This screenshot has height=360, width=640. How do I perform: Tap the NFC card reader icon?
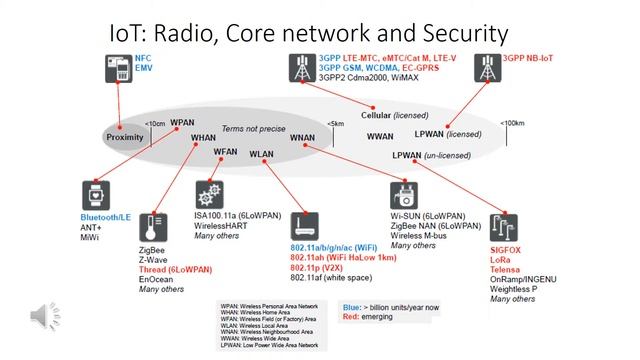coord(119,69)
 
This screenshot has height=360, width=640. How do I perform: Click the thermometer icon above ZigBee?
coord(151,221)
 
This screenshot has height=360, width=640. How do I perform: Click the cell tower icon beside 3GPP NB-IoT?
coord(486,67)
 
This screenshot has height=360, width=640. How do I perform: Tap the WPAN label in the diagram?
coord(182,122)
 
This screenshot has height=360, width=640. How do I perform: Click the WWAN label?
coord(380,135)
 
